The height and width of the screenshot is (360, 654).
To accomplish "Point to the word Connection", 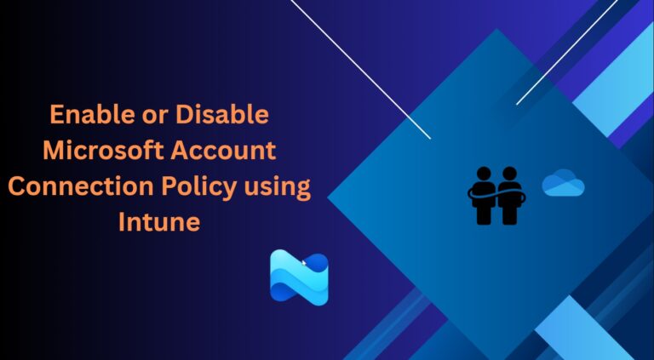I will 85,186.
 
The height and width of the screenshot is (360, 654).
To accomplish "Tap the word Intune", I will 159,223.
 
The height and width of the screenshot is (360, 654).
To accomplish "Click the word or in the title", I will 150,116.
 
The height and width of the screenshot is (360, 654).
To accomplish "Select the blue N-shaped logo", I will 299,277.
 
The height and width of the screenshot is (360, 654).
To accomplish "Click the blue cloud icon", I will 563,184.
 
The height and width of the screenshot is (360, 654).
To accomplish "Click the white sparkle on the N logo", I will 303,265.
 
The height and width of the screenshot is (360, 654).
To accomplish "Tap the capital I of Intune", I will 123,222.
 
